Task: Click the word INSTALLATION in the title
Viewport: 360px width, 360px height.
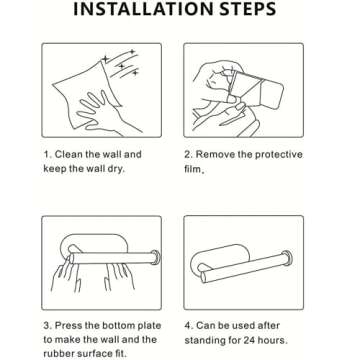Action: [142, 9]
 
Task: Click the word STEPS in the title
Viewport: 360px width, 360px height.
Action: [247, 9]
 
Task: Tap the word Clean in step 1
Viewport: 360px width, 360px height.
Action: [67, 155]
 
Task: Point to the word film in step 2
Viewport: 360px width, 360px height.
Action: [192, 169]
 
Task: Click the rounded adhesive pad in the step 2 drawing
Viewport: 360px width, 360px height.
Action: [271, 94]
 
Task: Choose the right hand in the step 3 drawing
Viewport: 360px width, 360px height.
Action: [119, 277]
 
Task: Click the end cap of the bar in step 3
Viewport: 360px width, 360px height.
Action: [156, 257]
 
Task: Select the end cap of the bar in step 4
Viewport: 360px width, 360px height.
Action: [287, 258]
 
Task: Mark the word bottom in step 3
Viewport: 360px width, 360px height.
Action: [118, 325]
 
